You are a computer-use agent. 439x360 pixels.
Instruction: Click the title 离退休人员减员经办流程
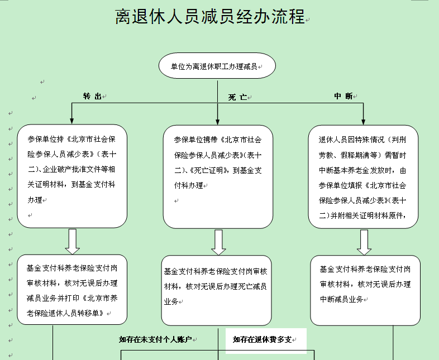(x=210, y=17)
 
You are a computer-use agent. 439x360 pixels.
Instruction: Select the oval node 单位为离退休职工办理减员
(x=217, y=66)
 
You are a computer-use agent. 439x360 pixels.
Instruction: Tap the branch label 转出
(x=92, y=96)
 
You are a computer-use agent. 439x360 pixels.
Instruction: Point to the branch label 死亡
(x=237, y=97)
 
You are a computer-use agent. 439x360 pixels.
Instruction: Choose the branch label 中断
(x=343, y=96)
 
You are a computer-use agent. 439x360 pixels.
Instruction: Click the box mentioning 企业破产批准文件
(x=72, y=176)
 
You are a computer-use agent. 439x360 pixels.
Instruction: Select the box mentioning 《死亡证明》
(x=218, y=177)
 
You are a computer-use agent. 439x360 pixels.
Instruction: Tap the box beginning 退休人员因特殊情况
(x=363, y=177)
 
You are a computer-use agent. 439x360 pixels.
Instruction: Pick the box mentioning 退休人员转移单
(x=72, y=290)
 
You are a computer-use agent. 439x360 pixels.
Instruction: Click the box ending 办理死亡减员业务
(x=216, y=290)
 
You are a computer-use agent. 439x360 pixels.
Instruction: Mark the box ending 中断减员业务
(x=365, y=290)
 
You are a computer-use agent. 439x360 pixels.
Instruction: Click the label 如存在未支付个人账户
(x=155, y=339)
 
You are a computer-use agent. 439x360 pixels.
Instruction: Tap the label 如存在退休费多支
(x=262, y=339)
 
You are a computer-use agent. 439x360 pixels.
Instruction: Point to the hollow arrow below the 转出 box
(x=73, y=242)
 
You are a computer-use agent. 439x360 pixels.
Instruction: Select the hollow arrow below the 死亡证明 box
(x=218, y=242)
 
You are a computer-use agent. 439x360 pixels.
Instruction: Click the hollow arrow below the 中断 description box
(x=364, y=242)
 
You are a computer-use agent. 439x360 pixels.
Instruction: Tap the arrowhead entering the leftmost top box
(x=71, y=121)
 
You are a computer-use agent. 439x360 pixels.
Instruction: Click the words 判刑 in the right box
(x=398, y=140)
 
